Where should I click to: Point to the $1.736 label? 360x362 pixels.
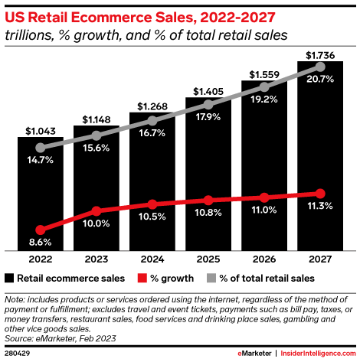(x=319, y=54)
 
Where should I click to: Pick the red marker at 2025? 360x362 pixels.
(x=208, y=200)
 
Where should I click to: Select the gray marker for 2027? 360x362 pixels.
(x=319, y=67)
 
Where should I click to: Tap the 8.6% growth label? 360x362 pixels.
(x=38, y=241)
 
